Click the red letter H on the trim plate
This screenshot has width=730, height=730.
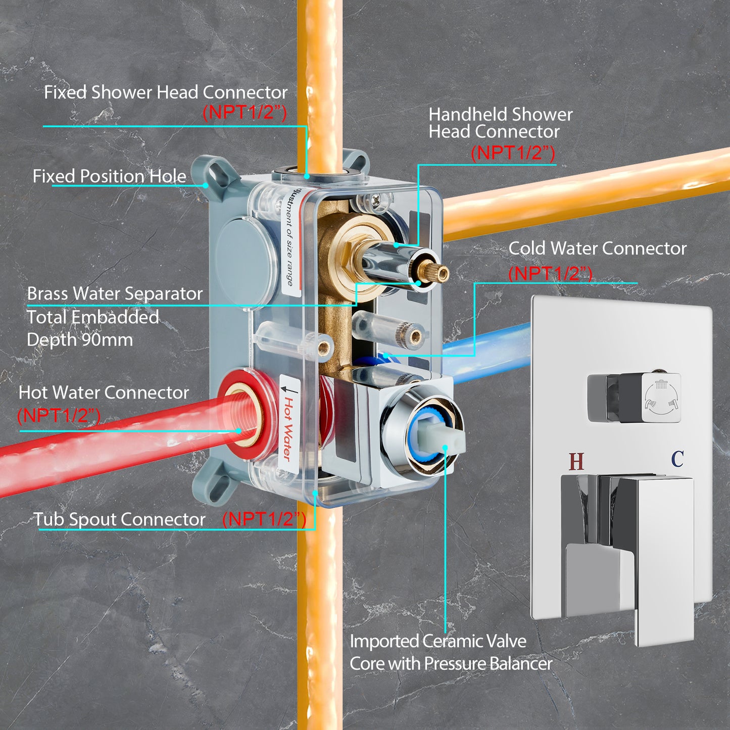click(x=576, y=461)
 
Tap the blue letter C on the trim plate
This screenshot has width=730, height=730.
click(x=677, y=459)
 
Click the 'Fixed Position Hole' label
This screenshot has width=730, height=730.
click(x=110, y=176)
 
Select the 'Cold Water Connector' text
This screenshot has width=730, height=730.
click(x=598, y=249)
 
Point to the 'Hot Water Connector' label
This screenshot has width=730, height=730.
click(x=104, y=393)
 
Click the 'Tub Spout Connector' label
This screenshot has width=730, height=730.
click(x=120, y=519)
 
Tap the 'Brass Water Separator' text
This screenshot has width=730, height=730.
click(x=115, y=294)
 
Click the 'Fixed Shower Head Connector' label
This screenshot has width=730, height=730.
click(x=166, y=92)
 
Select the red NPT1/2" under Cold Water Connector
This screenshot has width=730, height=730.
click(x=550, y=273)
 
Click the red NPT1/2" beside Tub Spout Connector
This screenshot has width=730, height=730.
click(x=264, y=519)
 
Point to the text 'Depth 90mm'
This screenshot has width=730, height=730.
click(x=80, y=339)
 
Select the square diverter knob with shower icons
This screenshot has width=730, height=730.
click(x=634, y=398)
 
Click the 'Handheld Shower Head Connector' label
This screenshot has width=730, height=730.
click(x=501, y=123)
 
